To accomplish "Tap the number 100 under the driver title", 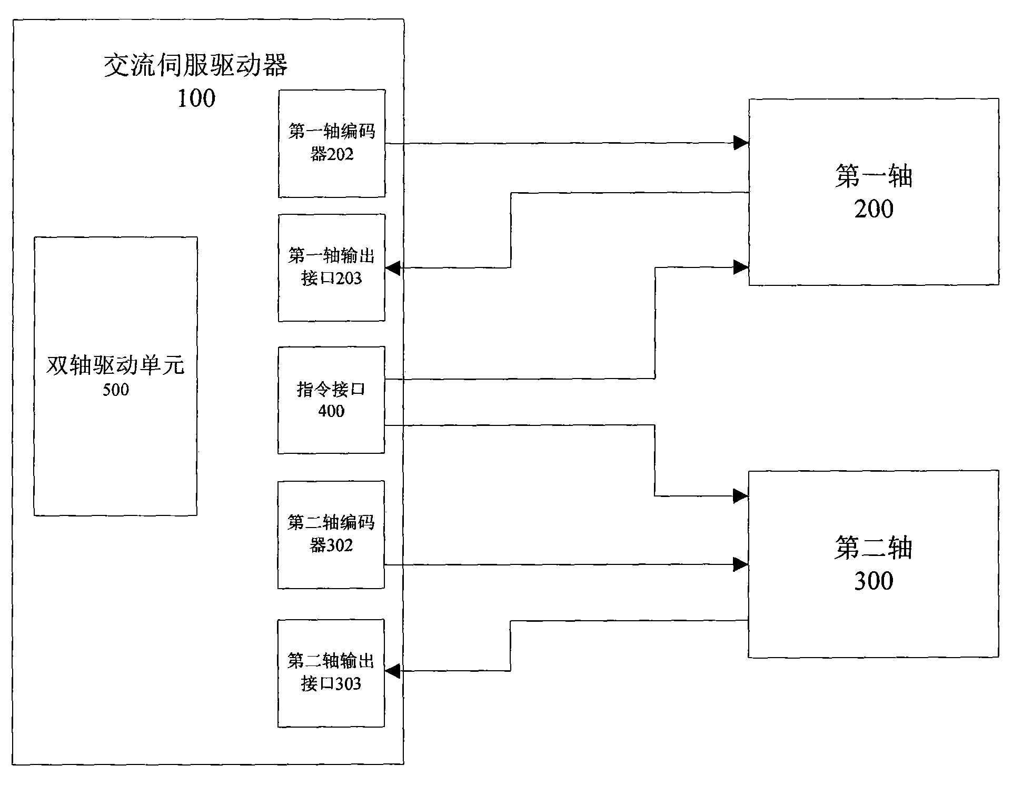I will tap(196, 98).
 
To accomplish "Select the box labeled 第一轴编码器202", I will tap(332, 143).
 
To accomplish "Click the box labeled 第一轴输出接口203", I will tap(332, 267).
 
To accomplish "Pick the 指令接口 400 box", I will tap(331, 400).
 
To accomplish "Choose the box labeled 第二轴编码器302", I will tap(331, 534).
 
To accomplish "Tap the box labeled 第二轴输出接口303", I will tap(331, 673).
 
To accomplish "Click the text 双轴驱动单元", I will tap(115, 365).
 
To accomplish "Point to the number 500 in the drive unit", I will tap(116, 390).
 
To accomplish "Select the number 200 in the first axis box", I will tap(874, 209).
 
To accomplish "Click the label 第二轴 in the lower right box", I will tap(873, 548).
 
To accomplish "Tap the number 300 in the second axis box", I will tap(874, 581).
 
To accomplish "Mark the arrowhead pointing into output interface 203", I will tap(393, 269).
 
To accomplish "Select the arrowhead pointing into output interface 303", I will tap(393, 671).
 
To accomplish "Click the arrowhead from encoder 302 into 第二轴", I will tap(741, 565).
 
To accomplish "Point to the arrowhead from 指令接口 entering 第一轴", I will tap(741, 267).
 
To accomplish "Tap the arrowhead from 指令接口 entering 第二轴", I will tap(741, 495).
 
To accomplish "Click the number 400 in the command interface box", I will tap(331, 411).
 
